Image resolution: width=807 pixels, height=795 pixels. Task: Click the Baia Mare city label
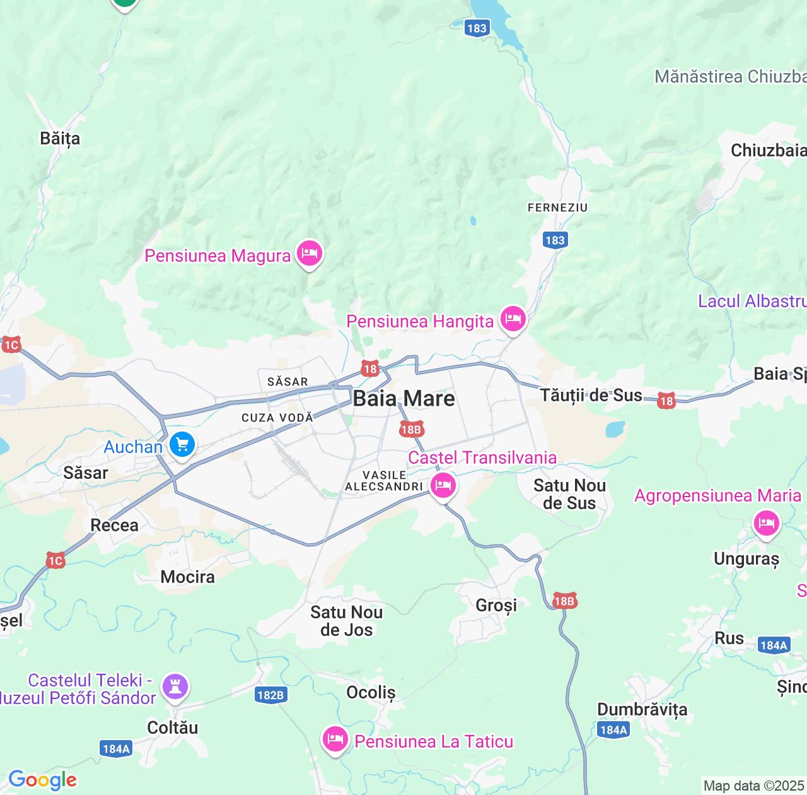click(403, 398)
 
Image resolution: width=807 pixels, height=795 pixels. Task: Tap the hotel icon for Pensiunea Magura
click(309, 254)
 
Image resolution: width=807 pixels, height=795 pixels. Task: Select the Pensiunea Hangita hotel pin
click(513, 319)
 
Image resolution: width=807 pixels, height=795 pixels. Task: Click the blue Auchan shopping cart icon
click(182, 445)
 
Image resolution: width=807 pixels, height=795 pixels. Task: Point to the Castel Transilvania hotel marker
click(443, 486)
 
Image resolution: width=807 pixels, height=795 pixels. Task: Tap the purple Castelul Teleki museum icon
click(175, 687)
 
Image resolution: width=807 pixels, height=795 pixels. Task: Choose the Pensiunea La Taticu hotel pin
click(335, 739)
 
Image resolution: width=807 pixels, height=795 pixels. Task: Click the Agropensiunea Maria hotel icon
click(766, 524)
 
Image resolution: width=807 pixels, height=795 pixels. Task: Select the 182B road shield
click(270, 695)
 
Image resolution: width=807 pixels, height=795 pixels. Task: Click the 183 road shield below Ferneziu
click(555, 240)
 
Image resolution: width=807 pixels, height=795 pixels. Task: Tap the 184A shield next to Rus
click(774, 645)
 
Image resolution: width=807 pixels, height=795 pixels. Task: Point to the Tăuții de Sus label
click(591, 396)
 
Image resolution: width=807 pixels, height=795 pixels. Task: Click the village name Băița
click(60, 138)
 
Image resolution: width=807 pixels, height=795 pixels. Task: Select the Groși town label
click(496, 605)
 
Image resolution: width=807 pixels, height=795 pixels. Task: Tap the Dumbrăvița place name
click(642, 709)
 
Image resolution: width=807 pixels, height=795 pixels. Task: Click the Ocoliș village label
click(371, 692)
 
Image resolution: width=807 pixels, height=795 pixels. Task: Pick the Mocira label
click(187, 577)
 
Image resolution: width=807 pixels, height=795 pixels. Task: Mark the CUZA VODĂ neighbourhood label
click(277, 418)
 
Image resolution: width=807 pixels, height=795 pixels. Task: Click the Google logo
click(42, 780)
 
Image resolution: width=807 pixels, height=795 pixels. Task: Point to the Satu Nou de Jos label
click(346, 621)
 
